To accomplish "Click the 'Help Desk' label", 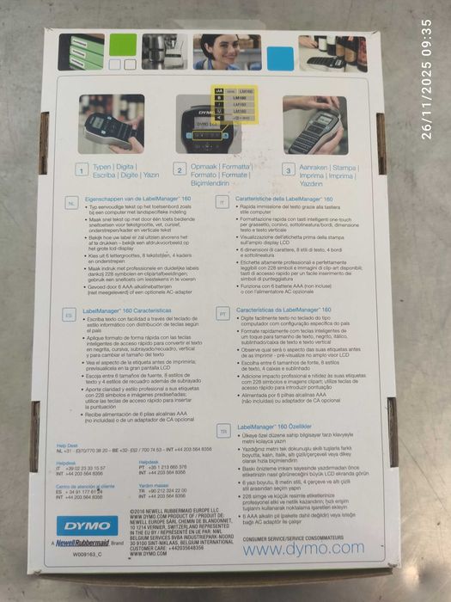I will tap(67, 445).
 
